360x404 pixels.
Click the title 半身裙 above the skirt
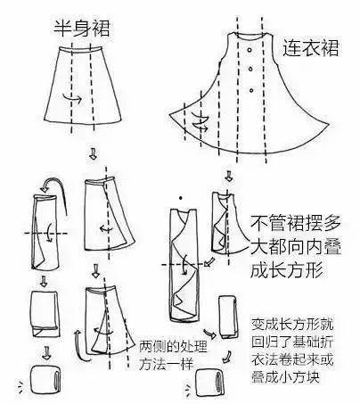82,30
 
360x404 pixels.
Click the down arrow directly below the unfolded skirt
93,155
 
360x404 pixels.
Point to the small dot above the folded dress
182,195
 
